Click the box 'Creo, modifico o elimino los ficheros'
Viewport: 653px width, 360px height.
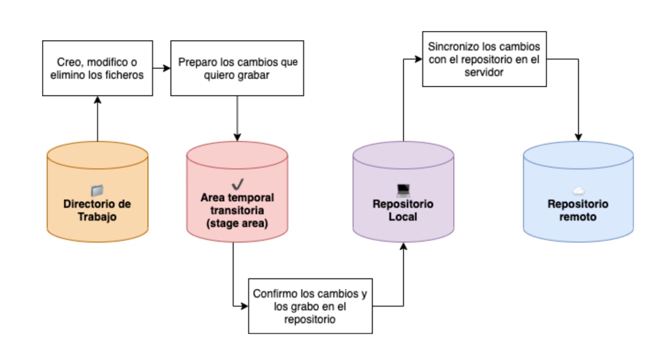coord(97,68)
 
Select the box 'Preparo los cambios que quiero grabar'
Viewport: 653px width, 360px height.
coord(237,68)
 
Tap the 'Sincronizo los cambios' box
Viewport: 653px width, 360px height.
coord(484,59)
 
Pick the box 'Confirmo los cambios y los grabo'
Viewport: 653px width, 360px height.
coord(310,306)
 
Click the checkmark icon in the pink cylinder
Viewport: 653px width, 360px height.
coord(238,184)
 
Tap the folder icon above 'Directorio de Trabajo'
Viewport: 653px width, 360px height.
coord(97,190)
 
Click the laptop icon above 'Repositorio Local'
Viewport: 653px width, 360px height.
coord(403,190)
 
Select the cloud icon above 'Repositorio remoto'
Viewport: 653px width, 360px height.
coord(578,191)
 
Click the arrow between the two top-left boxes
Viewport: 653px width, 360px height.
coord(161,68)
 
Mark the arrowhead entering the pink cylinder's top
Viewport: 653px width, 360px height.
coord(237,137)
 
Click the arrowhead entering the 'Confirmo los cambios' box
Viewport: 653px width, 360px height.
coord(244,306)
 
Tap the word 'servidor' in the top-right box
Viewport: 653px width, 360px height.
coord(484,72)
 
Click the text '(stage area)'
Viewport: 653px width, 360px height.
coord(237,223)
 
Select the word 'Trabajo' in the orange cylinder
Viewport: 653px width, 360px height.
coord(97,217)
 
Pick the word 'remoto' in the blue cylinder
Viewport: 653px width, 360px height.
coord(578,217)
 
